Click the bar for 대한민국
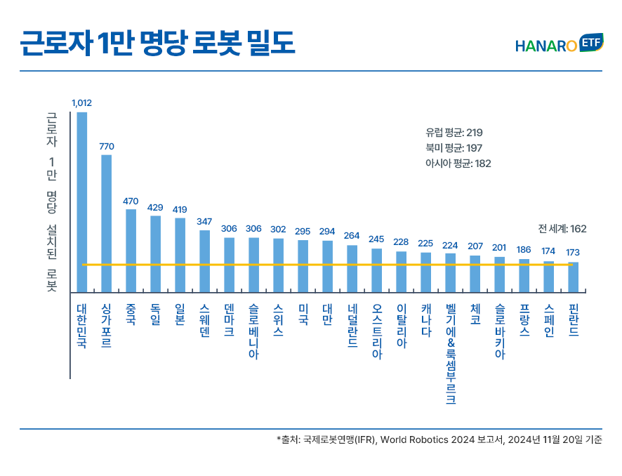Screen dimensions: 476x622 point(82,201)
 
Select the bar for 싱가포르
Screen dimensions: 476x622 point(107,223)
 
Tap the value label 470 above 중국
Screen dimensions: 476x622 point(131,201)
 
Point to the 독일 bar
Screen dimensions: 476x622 point(156,253)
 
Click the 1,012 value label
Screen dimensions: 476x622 point(81,103)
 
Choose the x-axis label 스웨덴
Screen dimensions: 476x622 point(205,321)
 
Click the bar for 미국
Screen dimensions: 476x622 point(303,265)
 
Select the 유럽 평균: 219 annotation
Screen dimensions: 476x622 point(454,132)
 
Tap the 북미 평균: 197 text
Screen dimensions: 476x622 point(454,147)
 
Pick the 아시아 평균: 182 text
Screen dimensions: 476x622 point(458,163)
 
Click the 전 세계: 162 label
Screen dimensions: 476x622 point(562,228)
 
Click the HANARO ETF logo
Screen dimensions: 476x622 point(558,45)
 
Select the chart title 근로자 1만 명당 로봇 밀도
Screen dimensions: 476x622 point(157,44)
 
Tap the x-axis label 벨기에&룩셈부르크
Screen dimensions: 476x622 point(451,354)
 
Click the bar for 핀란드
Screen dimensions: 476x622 point(574,277)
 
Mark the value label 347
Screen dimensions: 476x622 point(204,222)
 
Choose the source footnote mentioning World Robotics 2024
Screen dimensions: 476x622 point(439,440)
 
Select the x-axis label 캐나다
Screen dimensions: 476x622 point(426,320)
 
